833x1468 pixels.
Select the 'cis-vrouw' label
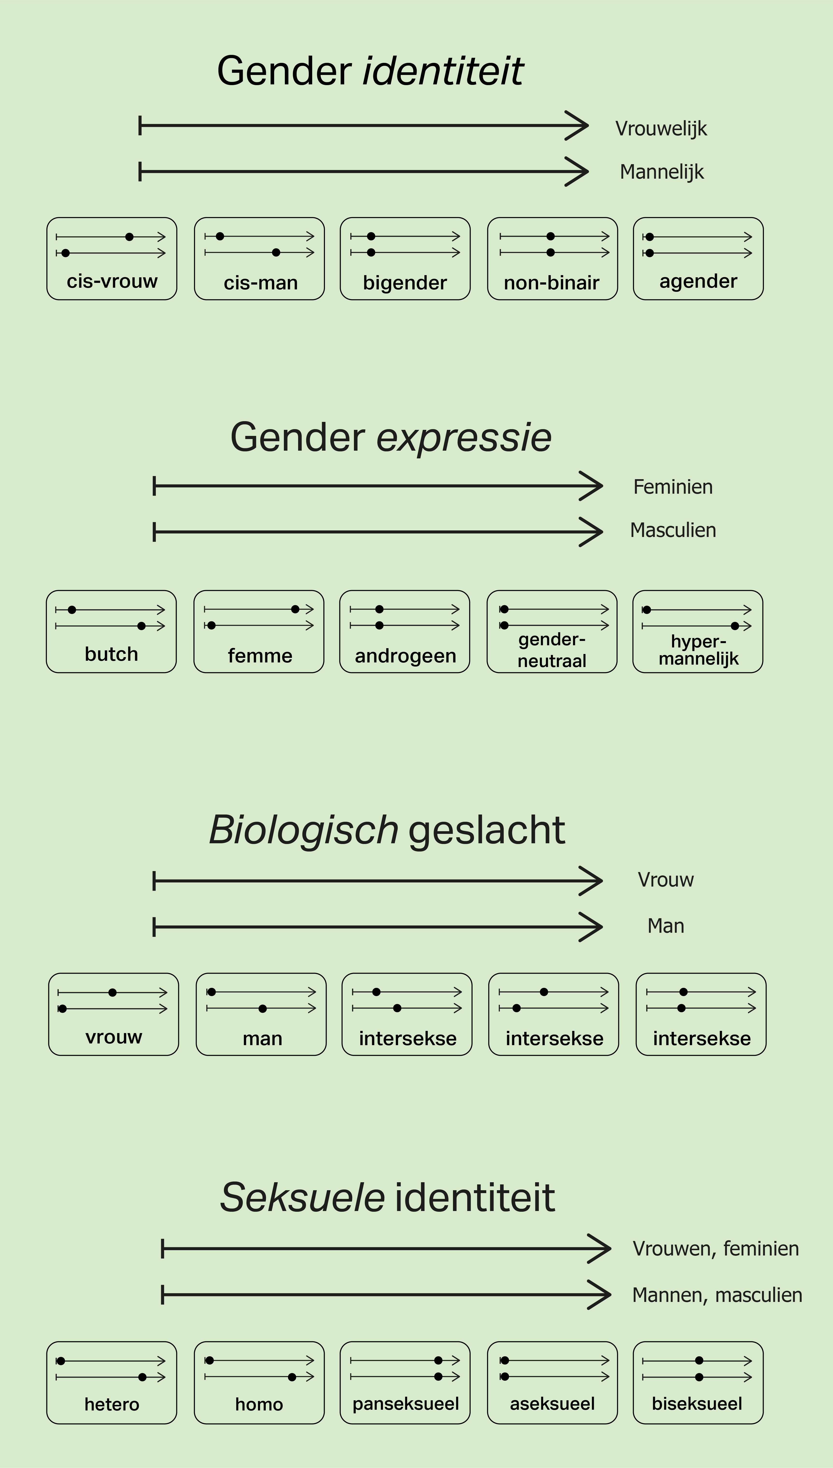(x=112, y=281)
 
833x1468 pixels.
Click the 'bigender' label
(x=405, y=283)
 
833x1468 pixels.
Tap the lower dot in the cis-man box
(x=276, y=252)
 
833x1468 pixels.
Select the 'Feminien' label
(x=673, y=487)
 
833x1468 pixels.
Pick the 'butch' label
(x=112, y=654)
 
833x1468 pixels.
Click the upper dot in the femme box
(x=295, y=609)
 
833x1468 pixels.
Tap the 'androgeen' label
(x=405, y=656)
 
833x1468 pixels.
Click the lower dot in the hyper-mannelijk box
(x=735, y=626)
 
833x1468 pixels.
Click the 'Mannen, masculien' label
(x=717, y=1295)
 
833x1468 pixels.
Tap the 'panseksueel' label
(x=406, y=1404)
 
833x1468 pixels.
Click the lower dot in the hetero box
(x=143, y=1377)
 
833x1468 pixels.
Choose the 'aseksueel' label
(x=552, y=1404)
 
